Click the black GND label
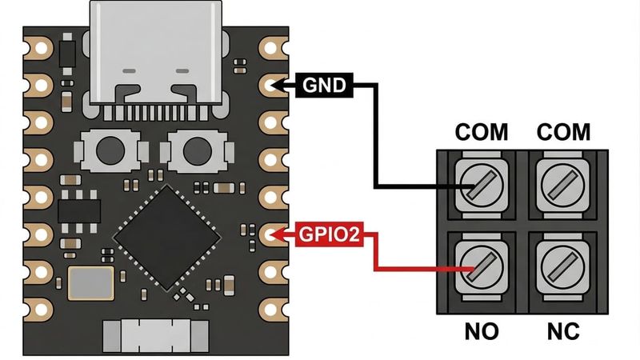(325, 84)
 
